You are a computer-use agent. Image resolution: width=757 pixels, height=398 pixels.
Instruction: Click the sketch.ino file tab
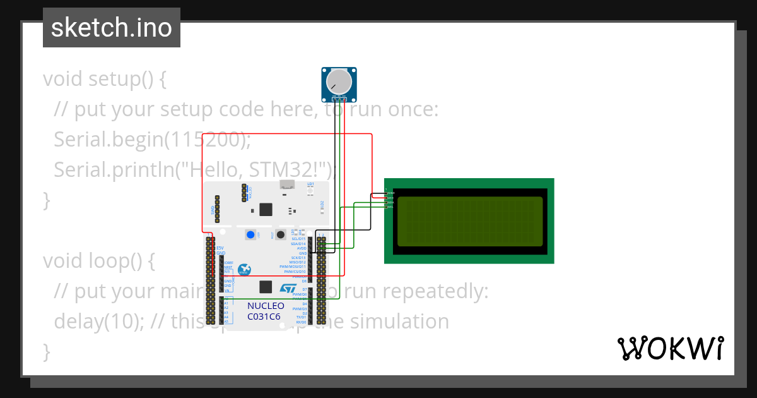pyautogui.click(x=112, y=28)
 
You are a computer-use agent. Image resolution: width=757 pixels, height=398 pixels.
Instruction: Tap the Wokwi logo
pyautogui.click(x=669, y=348)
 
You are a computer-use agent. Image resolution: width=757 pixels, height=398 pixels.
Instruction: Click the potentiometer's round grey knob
pyautogui.click(x=339, y=81)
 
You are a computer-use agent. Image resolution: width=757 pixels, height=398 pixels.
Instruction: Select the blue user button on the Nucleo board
pyautogui.click(x=251, y=235)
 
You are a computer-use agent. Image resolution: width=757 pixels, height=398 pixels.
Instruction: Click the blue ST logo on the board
pyautogui.click(x=288, y=288)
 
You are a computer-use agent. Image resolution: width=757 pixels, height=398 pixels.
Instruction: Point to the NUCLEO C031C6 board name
pyautogui.click(x=265, y=310)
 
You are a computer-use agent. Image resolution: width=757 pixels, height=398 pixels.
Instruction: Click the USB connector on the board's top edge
pyautogui.click(x=288, y=185)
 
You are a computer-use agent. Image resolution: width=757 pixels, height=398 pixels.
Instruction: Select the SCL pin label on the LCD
pyautogui.click(x=390, y=207)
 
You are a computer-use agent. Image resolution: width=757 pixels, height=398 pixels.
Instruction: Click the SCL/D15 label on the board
pyautogui.click(x=298, y=239)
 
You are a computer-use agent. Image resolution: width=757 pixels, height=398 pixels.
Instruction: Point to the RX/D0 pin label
pyautogui.click(x=301, y=322)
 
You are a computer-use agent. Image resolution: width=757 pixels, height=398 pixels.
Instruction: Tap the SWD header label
pyautogui.click(x=213, y=210)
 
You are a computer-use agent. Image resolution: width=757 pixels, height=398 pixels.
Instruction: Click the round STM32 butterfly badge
pyautogui.click(x=244, y=270)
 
